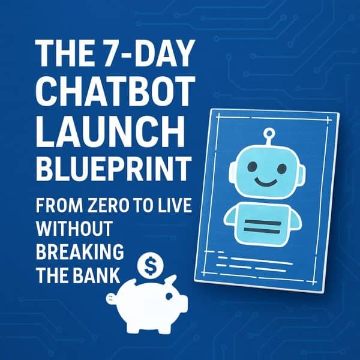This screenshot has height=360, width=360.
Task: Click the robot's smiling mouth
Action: coord(263,181)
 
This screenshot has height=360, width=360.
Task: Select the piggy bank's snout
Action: coord(112,298)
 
